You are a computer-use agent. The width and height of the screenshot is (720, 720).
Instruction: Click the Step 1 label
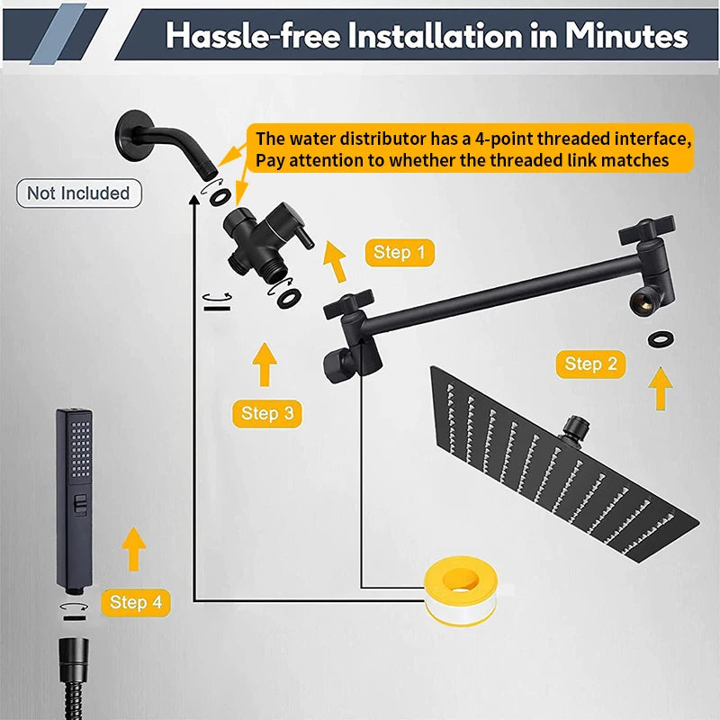pos(400,253)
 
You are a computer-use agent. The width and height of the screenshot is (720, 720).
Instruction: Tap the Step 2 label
pos(590,364)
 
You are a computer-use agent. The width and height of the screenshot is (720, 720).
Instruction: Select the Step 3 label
pos(266,413)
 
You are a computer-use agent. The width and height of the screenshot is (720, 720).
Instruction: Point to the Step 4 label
pos(136,602)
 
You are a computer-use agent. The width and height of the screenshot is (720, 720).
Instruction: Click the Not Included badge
pos(79,193)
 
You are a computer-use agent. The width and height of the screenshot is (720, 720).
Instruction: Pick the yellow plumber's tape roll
pos(461,590)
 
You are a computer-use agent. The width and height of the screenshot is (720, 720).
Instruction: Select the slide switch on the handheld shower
pos(81,505)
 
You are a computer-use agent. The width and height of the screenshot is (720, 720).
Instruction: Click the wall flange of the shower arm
pos(133,136)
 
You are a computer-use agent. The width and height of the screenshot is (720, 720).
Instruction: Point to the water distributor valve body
pos(257,241)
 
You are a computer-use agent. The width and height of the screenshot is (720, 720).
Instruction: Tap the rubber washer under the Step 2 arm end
pos(661,339)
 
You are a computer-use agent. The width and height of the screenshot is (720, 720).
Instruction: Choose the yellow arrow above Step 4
pos(133,549)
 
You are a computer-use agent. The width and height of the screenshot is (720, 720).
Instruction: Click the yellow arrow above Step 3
pos(265,364)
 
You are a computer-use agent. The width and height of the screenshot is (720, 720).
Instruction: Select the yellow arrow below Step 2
pos(661,389)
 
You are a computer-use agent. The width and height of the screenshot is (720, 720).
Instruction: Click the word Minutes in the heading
pos(626,35)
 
